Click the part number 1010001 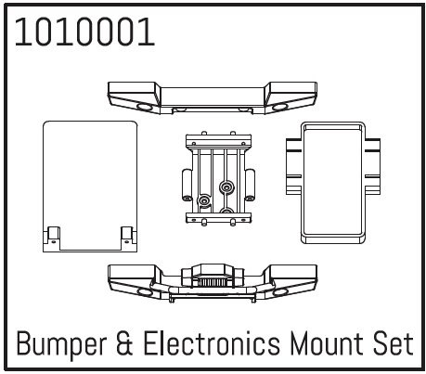pyautogui.click(x=84, y=32)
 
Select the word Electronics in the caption pyautogui.click(x=212, y=343)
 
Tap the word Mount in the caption pyautogui.click(x=327, y=343)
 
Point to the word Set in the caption pyautogui.click(x=394, y=343)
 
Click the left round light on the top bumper pyautogui.click(x=144, y=107)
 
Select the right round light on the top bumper pyautogui.click(x=280, y=107)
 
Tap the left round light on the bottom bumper pyautogui.click(x=144, y=292)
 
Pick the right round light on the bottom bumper pyautogui.click(x=280, y=292)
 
